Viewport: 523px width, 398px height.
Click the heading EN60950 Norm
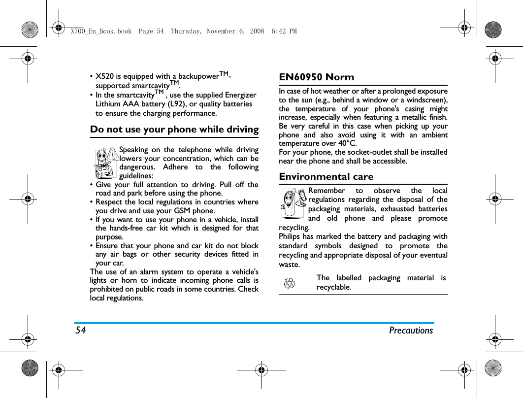click(x=316, y=77)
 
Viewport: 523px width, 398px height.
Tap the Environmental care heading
click(x=326, y=177)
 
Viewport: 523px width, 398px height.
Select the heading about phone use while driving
click(x=174, y=130)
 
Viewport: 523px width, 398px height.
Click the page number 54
click(x=80, y=331)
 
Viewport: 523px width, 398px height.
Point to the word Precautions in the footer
click(x=411, y=331)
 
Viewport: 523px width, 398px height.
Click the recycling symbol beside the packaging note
click(x=290, y=283)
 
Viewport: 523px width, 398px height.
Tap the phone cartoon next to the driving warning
click(x=106, y=163)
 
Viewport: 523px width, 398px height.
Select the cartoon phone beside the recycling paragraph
click(x=294, y=203)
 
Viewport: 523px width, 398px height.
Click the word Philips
click(x=290, y=237)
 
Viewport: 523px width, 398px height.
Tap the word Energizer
click(x=240, y=95)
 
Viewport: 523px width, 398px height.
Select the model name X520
click(x=103, y=76)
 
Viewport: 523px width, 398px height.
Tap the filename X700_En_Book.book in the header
click(x=101, y=32)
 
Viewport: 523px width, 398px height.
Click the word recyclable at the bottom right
click(x=334, y=287)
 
